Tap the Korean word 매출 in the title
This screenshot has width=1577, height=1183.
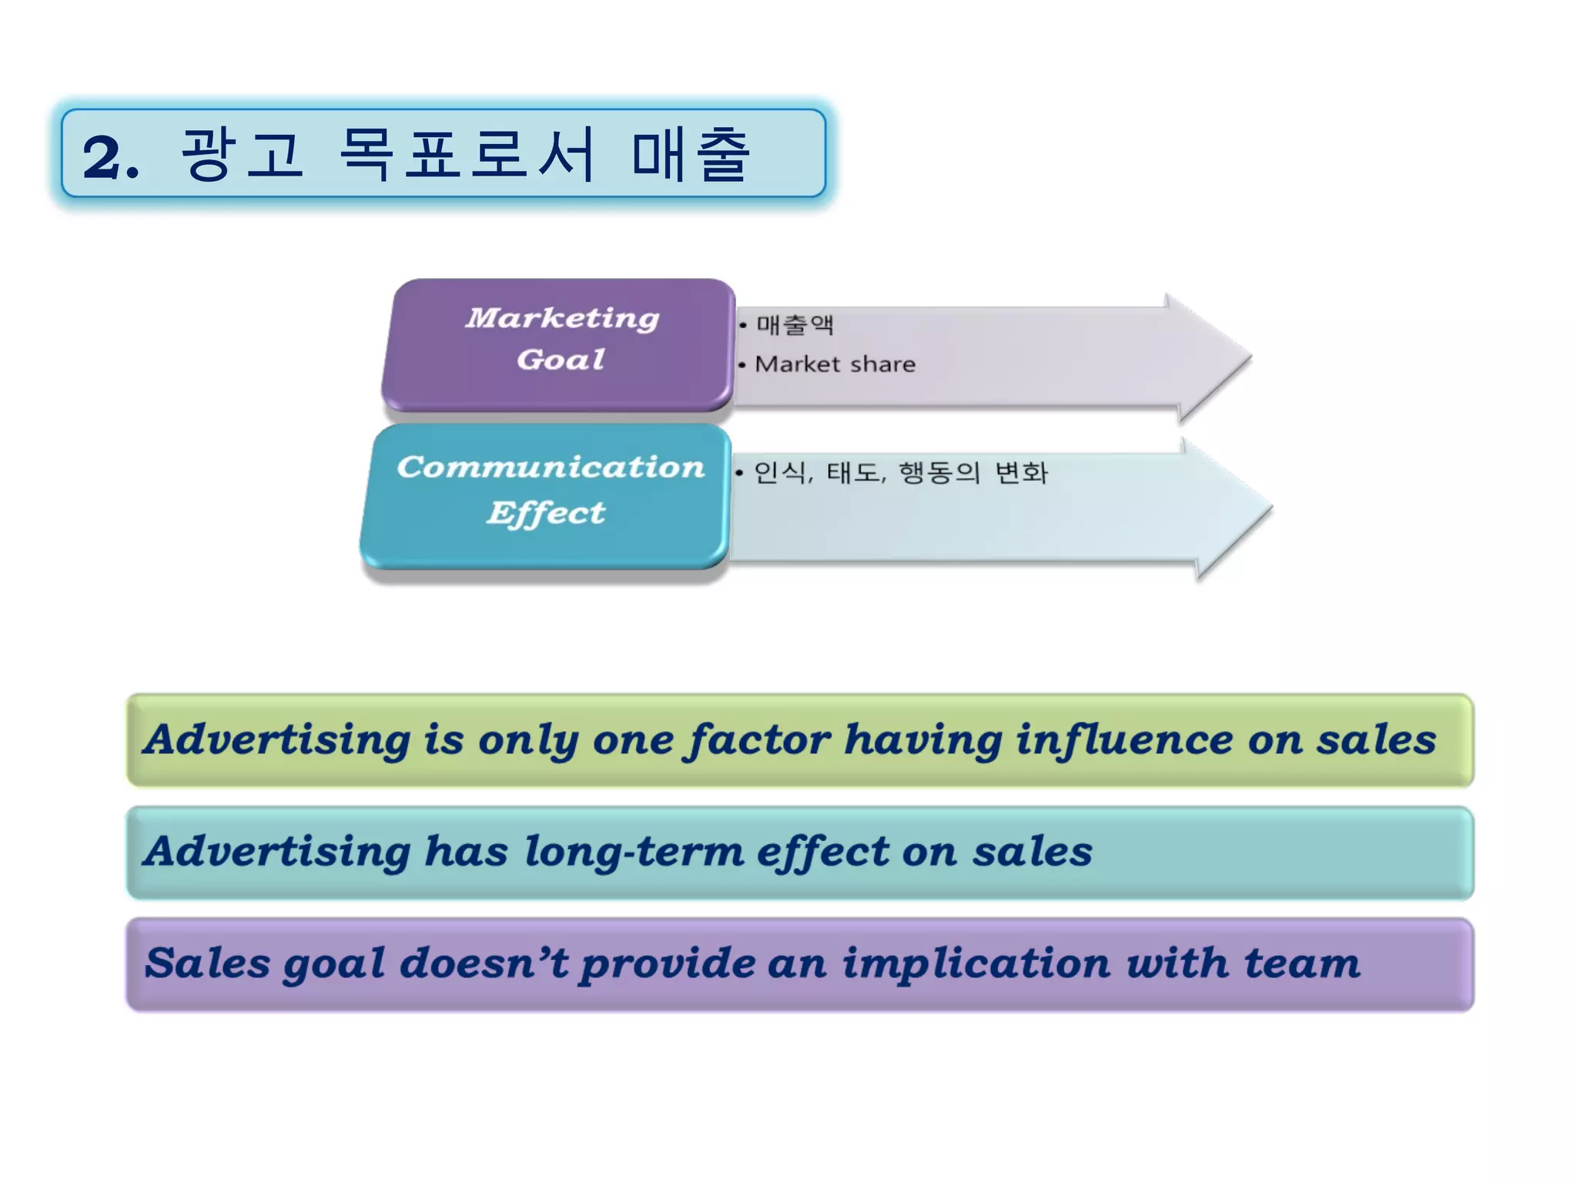click(690, 155)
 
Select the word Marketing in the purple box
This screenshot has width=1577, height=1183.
click(562, 318)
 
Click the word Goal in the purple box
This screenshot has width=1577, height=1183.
click(561, 360)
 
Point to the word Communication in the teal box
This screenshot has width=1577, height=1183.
click(551, 468)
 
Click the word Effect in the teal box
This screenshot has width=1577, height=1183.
click(546, 513)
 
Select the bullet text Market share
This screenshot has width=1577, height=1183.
click(835, 364)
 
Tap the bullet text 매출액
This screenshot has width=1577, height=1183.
click(795, 324)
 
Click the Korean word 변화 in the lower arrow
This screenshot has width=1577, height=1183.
click(1021, 472)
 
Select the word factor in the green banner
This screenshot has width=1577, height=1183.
click(758, 740)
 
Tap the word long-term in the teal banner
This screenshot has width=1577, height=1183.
click(634, 852)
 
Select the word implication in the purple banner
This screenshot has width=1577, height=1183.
click(976, 963)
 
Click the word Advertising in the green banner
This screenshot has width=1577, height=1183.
click(277, 740)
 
